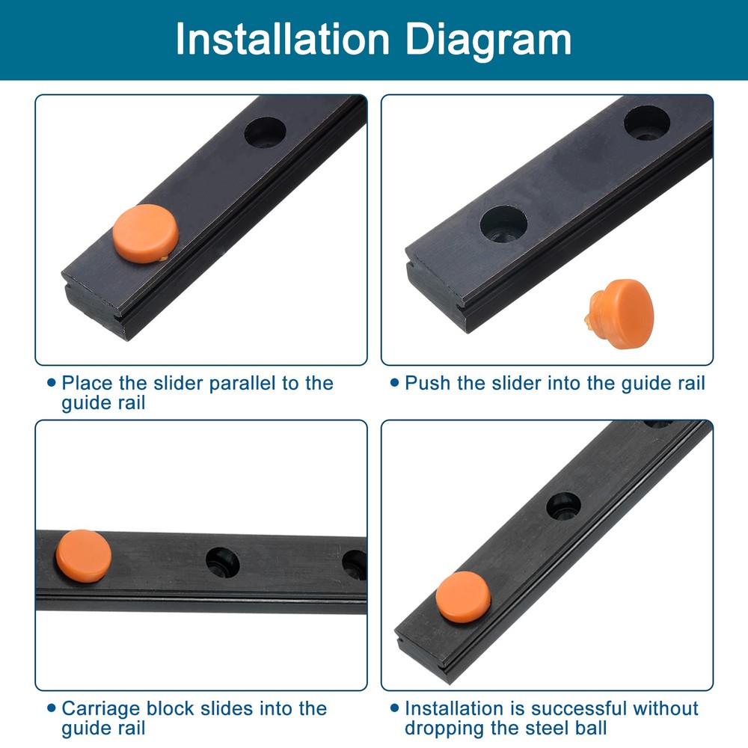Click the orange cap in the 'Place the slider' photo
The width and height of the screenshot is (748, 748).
tap(146, 233)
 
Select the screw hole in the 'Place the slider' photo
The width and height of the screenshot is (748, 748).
tap(266, 132)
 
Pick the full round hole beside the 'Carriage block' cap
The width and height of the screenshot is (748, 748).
tap(223, 562)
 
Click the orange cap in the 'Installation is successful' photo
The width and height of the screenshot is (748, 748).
tap(463, 596)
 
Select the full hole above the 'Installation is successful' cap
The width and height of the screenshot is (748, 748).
tap(563, 506)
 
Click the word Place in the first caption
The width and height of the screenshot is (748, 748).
tap(88, 384)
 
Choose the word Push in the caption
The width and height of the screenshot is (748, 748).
tap(427, 384)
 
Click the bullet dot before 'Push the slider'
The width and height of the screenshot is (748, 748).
tap(395, 383)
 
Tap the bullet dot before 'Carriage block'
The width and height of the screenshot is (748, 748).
tap(51, 708)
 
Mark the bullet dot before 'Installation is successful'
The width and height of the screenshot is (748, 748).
tap(395, 708)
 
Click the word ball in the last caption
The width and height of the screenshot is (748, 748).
tap(587, 728)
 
